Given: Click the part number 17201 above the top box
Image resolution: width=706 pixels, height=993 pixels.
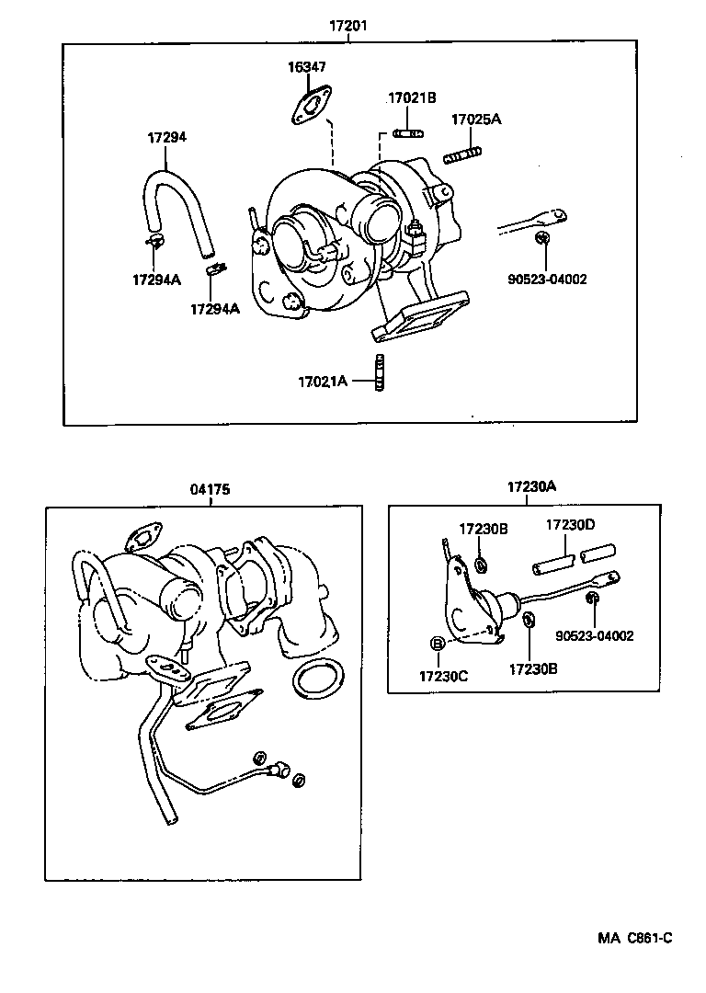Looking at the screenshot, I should pos(348,27).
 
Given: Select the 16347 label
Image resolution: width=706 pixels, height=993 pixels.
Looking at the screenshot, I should pos(306,67).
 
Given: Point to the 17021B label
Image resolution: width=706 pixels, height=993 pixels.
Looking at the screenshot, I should pos(411,97).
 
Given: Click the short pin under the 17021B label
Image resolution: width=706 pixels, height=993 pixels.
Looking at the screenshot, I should pos(407,133).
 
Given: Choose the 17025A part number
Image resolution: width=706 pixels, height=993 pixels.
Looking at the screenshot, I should pos(475,120).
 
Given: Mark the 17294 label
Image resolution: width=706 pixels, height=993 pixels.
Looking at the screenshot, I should pos(167,137).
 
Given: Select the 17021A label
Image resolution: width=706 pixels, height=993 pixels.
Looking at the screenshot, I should pos(323,381).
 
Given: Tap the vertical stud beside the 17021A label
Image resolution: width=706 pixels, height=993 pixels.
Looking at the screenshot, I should pos(378,372).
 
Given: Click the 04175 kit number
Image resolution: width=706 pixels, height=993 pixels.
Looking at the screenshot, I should pos(211,490).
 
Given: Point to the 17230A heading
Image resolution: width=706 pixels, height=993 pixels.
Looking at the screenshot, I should pos(531,487).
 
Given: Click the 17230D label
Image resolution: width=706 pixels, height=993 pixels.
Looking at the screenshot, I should pos(570,524).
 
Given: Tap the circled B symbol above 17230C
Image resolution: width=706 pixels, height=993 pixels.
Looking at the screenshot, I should pos(438,644).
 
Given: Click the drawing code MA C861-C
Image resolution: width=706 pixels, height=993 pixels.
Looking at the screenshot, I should pos(634,938).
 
